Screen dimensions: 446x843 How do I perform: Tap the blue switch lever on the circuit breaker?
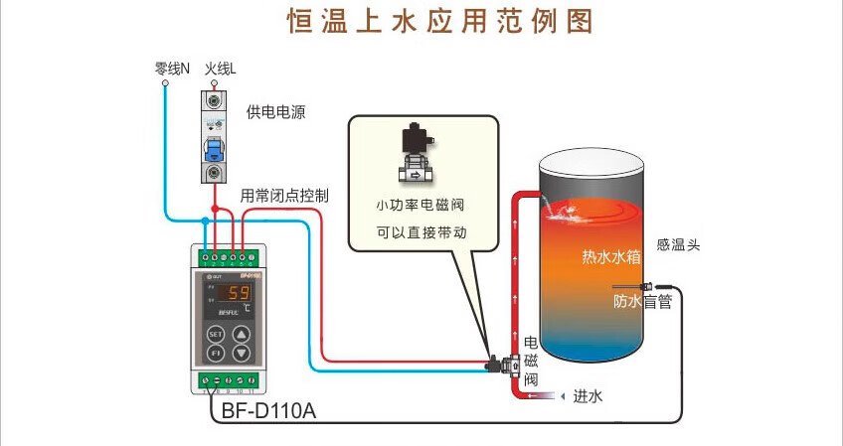click(x=213, y=149)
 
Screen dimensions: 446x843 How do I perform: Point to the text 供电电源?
click(x=275, y=112)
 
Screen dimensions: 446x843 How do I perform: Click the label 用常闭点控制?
click(x=285, y=195)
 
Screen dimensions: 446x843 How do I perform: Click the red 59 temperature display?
click(x=238, y=293)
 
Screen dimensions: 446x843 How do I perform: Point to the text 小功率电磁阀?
click(x=421, y=206)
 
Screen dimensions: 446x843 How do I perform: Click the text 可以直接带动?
click(x=421, y=234)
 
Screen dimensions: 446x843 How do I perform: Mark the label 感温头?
click(x=679, y=245)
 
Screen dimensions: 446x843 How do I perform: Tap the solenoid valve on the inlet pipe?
click(x=507, y=365)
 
